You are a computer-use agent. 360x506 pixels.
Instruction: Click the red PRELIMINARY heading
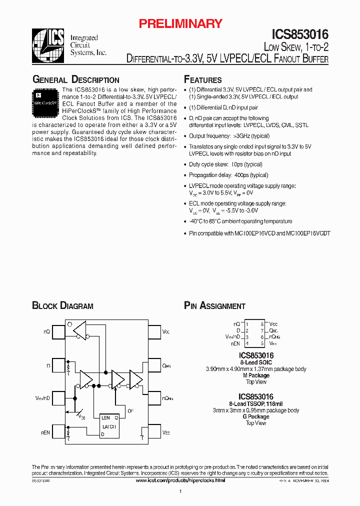[180, 23]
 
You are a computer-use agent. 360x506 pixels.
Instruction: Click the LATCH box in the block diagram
[108, 426]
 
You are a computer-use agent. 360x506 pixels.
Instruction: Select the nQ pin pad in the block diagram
[59, 331]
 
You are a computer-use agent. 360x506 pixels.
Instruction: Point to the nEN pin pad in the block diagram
[59, 431]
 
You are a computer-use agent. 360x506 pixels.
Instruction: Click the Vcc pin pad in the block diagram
[152, 331]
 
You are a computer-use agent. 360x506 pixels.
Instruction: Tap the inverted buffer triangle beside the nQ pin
[80, 329]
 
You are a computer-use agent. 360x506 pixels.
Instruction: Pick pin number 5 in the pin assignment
[262, 343]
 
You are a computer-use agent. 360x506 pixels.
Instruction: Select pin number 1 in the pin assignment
[247, 324]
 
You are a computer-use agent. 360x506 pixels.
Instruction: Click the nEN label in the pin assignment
[235, 343]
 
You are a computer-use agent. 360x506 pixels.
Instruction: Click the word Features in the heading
[203, 80]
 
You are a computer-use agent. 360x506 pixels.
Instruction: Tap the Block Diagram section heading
[62, 306]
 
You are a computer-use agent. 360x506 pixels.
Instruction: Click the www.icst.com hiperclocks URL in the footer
[180, 480]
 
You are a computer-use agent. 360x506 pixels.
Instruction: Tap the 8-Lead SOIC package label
[256, 362]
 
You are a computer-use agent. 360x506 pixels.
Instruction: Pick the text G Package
[256, 416]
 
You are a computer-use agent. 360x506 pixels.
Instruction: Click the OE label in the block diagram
[130, 411]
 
